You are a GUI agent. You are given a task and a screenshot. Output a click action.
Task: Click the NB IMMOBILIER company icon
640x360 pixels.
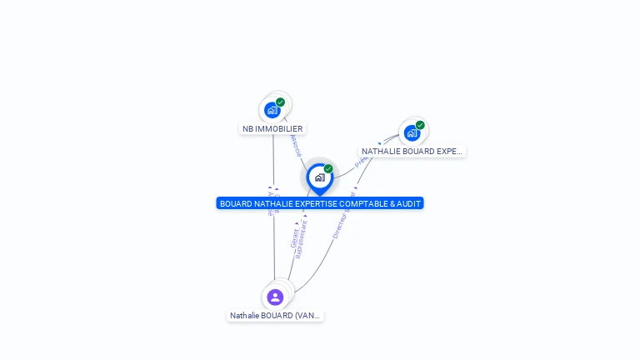click(272, 110)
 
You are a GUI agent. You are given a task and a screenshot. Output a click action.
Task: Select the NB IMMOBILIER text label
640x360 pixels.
click(272, 129)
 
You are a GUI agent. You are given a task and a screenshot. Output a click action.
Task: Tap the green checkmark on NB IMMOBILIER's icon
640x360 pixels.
click(281, 102)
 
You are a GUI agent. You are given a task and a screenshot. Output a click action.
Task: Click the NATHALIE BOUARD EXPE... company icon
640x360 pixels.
click(412, 132)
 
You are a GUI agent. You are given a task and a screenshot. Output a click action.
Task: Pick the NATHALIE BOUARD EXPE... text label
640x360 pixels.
click(412, 152)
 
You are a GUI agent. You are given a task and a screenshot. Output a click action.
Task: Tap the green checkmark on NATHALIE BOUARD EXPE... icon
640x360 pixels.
click(420, 125)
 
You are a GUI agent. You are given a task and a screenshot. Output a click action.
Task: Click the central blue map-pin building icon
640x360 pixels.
click(319, 177)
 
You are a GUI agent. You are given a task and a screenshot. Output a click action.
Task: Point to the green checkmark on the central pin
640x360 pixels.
click(328, 169)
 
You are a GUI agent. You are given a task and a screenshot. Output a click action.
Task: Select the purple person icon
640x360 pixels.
click(275, 297)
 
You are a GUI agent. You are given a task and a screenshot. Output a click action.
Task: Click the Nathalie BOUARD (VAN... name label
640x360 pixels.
click(276, 316)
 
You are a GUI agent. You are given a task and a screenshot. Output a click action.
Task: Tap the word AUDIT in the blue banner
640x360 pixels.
click(408, 203)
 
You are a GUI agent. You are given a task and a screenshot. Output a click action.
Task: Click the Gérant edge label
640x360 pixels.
click(293, 238)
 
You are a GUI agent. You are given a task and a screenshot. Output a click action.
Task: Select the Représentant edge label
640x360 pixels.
click(302, 240)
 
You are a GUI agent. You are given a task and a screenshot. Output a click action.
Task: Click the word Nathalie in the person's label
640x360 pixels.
click(245, 316)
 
